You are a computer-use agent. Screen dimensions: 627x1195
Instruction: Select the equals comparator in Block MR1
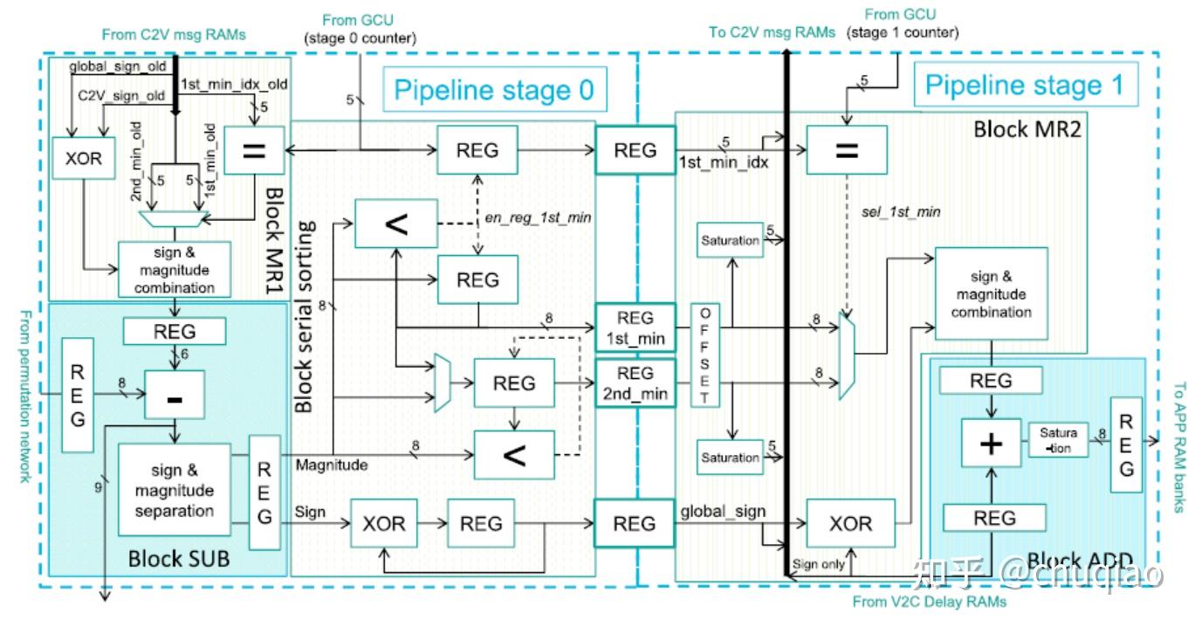click(x=252, y=150)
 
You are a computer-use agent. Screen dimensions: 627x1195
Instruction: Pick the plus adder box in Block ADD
click(x=991, y=443)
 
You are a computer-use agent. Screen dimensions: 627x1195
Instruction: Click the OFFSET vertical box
click(x=705, y=355)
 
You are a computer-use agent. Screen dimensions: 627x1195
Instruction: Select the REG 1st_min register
click(x=635, y=327)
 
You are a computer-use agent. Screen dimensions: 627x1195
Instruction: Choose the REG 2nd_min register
click(x=635, y=383)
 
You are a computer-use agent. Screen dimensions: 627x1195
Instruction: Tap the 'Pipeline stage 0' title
click(x=493, y=89)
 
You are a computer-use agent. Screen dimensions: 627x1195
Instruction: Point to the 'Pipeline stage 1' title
click(x=1025, y=86)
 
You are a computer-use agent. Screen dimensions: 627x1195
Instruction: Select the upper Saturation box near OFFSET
click(x=730, y=240)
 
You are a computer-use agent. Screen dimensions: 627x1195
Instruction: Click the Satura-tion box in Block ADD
click(x=1058, y=439)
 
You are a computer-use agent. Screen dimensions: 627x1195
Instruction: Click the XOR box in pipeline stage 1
click(x=850, y=523)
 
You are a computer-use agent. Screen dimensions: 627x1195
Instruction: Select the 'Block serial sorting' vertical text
click(x=304, y=316)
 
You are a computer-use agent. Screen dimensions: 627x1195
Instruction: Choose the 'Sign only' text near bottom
click(x=818, y=564)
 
